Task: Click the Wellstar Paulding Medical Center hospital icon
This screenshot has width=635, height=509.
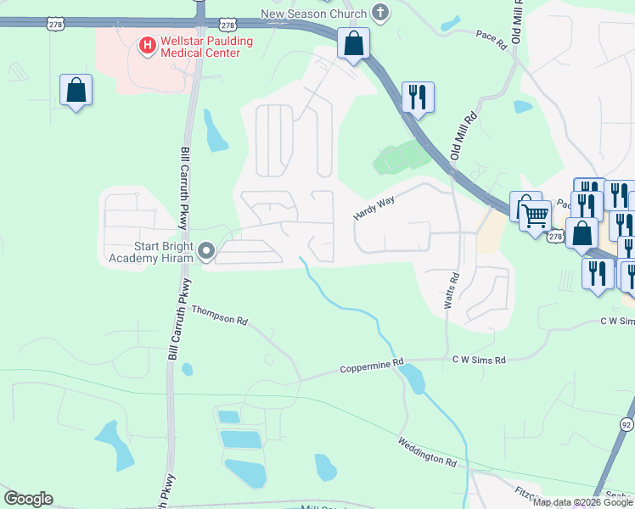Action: (x=147, y=43)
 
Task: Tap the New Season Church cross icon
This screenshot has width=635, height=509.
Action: (x=380, y=13)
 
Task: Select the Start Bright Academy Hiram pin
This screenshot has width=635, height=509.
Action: (x=206, y=250)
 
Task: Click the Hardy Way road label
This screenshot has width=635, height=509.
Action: (x=373, y=209)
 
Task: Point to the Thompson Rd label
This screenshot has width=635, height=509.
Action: (x=219, y=316)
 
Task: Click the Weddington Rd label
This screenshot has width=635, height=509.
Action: (x=427, y=451)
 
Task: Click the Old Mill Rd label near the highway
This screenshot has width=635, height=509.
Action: (x=464, y=136)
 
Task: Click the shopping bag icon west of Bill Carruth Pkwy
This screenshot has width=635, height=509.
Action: (x=76, y=90)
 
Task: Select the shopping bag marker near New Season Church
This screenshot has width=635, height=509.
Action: (x=353, y=42)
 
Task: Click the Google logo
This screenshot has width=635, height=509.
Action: (x=28, y=499)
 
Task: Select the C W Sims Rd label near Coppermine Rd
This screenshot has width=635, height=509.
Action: (x=479, y=360)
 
